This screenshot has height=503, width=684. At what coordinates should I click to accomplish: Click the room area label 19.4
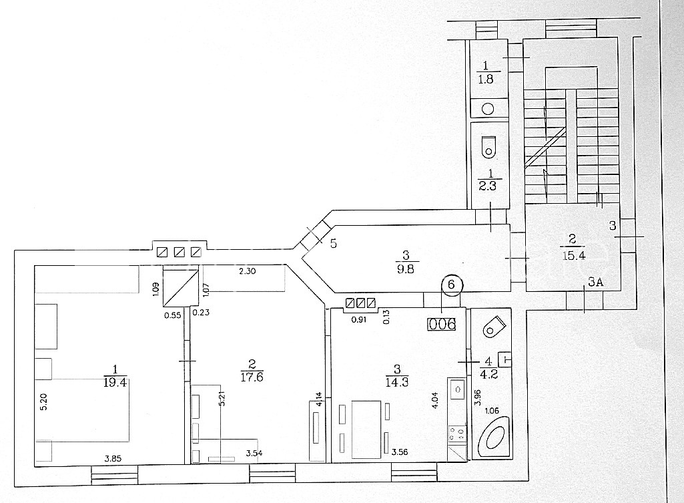click(x=115, y=383)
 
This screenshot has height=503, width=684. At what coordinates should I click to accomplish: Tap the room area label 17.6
click(x=252, y=377)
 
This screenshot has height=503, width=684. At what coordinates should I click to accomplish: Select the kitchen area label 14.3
click(x=397, y=383)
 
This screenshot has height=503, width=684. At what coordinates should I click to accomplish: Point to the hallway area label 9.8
click(x=406, y=269)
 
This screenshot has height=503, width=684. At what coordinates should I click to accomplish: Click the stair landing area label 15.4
click(x=574, y=255)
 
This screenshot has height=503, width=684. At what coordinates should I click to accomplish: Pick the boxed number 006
click(x=442, y=324)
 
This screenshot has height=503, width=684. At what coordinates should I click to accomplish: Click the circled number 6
click(x=451, y=285)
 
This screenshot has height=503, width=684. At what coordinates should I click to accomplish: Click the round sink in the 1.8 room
click(x=488, y=109)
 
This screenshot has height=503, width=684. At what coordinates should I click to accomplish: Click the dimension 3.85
click(x=113, y=458)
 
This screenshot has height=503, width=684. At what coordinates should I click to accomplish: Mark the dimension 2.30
click(x=247, y=271)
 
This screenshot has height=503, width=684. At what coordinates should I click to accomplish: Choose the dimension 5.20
click(x=43, y=401)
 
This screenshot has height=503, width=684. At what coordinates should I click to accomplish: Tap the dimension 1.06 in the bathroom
click(x=492, y=410)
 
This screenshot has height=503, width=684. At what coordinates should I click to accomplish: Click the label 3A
click(x=595, y=282)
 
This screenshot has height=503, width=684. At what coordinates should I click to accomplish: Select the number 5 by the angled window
click(x=333, y=243)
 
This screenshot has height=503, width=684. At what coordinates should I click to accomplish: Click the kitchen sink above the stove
click(x=456, y=389)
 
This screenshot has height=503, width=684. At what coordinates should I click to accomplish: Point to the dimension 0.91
click(x=359, y=319)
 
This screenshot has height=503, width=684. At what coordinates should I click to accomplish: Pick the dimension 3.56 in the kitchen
click(x=400, y=452)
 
